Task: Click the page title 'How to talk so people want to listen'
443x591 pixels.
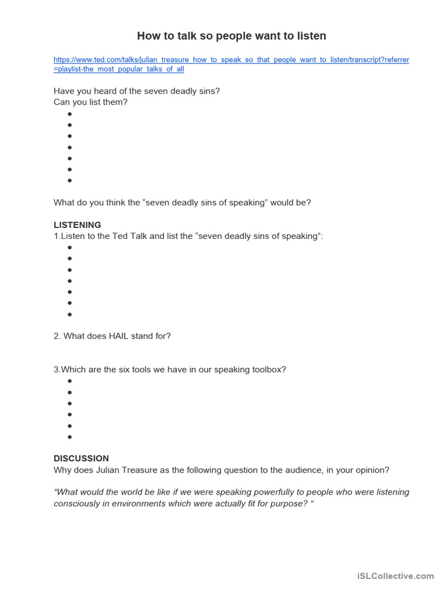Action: pyautogui.click(x=231, y=36)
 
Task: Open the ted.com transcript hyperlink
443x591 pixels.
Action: pyautogui.click(x=231, y=60)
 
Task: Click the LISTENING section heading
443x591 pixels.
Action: pyautogui.click(x=77, y=225)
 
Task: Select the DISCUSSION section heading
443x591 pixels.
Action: pyautogui.click(x=81, y=458)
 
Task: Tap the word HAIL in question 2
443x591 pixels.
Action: pyautogui.click(x=120, y=336)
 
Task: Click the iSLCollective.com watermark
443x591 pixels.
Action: pyautogui.click(x=395, y=575)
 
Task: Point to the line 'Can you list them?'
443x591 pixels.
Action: pyautogui.click(x=91, y=102)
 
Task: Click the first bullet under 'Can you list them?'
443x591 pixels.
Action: pyautogui.click(x=70, y=114)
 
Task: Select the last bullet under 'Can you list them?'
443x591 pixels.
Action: pyautogui.click(x=70, y=180)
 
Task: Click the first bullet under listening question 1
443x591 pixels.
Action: pyautogui.click(x=70, y=248)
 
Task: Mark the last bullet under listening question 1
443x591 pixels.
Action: pyautogui.click(x=70, y=315)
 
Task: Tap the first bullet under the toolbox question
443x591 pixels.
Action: pyautogui.click(x=70, y=381)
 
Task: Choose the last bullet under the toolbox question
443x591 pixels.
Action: pyautogui.click(x=70, y=437)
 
